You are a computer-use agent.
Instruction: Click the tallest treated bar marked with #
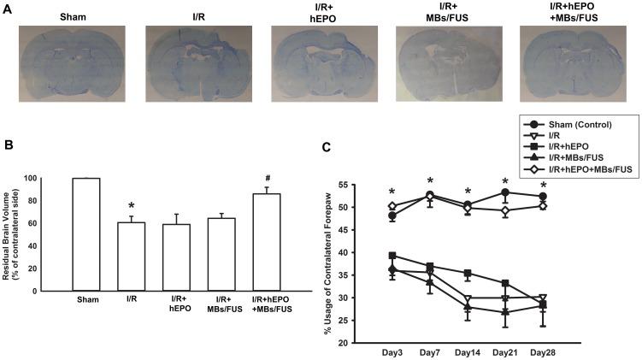click(x=267, y=242)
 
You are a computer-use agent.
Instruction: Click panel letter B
click(x=8, y=145)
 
